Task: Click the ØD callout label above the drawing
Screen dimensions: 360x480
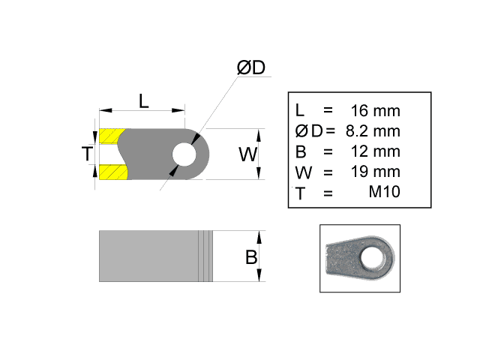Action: [x=251, y=68]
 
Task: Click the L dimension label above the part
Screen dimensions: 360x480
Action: [x=144, y=100]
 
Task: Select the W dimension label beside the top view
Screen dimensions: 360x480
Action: [x=247, y=154]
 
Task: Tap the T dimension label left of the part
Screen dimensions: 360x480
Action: [x=88, y=154]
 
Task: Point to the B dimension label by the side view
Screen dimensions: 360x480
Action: [x=251, y=257]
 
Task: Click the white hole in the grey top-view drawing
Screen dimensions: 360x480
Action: [x=183, y=154]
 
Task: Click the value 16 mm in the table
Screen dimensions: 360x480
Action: [x=375, y=111]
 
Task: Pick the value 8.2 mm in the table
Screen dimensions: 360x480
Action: [x=373, y=131]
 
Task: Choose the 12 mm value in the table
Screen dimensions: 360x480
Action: [x=375, y=151]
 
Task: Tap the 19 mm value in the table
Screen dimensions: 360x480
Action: [x=375, y=172]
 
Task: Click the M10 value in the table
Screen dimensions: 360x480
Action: [x=384, y=192]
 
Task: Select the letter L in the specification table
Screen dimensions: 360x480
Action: [x=300, y=111]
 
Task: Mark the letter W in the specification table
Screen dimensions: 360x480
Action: [x=303, y=172]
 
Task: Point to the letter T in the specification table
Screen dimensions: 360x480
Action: [x=301, y=192]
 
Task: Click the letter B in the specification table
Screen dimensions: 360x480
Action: [x=301, y=151]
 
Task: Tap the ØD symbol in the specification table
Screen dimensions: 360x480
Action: [x=308, y=131]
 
